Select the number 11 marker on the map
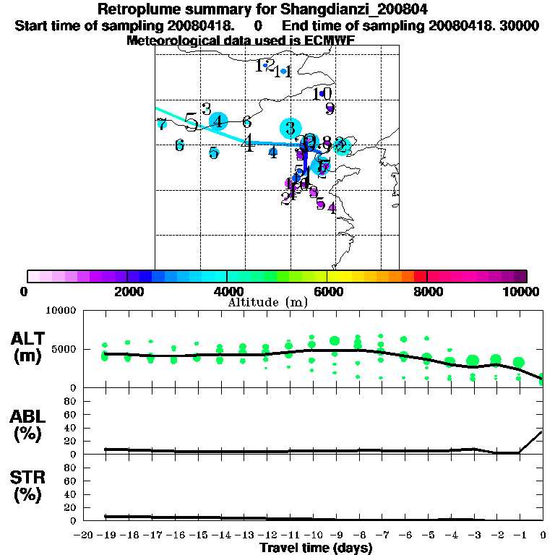point(283,72)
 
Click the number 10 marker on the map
point(322,94)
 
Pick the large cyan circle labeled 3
point(291,129)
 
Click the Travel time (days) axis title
point(316,548)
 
